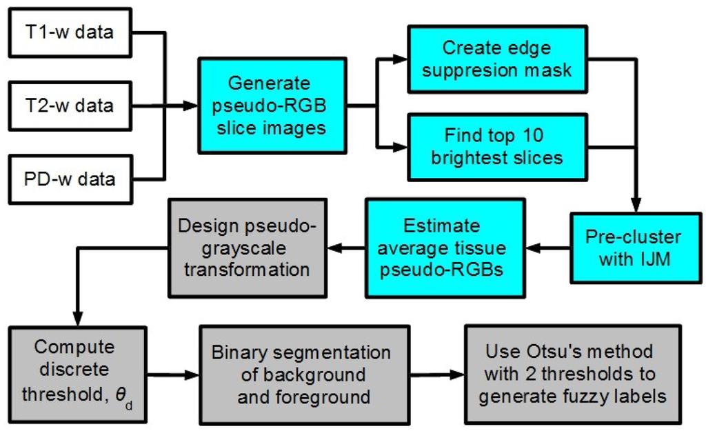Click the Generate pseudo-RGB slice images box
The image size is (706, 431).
(272, 107)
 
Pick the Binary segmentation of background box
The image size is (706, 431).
(301, 375)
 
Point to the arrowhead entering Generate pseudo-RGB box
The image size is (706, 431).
(192, 107)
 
